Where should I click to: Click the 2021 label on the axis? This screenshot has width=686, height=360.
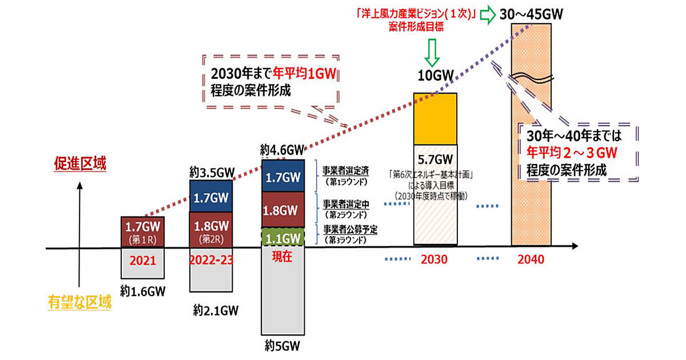143,260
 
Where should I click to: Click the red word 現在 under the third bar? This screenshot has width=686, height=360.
282,257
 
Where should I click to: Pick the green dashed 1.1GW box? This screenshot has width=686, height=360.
283,237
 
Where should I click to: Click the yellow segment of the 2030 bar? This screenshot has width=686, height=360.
434,118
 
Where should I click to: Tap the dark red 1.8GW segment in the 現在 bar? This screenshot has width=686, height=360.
283,209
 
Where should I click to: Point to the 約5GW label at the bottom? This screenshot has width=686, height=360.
282,346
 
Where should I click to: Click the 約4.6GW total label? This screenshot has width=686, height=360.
282,151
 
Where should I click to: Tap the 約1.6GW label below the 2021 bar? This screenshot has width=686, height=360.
143,292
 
